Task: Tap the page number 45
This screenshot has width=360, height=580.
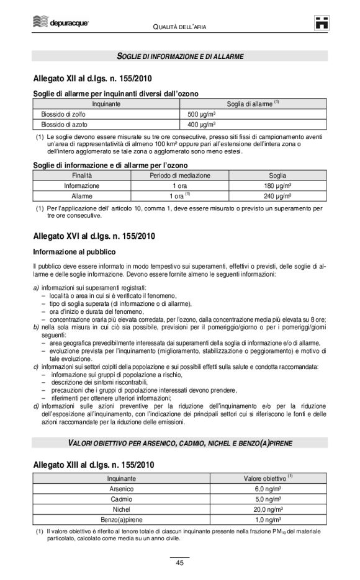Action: (x=179, y=563)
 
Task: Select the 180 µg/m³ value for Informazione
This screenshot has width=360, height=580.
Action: (x=277, y=185)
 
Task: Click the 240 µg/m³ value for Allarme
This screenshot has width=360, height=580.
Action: (x=277, y=196)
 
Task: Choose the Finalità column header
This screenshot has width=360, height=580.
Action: (x=81, y=176)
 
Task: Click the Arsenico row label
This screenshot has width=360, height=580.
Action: (x=122, y=489)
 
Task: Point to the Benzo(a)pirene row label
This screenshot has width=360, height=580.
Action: (x=122, y=520)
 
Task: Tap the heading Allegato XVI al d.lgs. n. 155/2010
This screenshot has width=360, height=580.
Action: (x=94, y=236)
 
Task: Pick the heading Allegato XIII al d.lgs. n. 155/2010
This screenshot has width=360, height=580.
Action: (x=94, y=465)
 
